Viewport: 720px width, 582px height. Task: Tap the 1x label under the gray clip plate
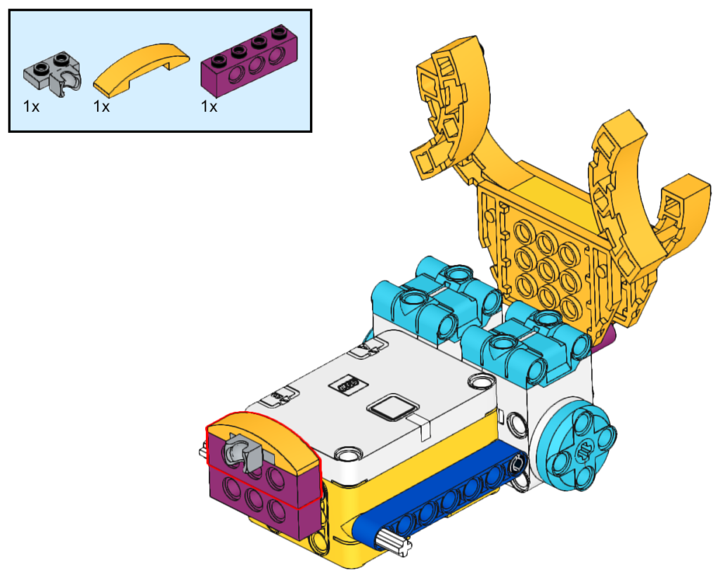point(31,107)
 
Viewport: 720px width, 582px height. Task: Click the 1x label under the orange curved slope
point(101,107)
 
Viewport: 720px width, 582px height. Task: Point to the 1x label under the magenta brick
point(209,107)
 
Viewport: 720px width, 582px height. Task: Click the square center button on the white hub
point(393,407)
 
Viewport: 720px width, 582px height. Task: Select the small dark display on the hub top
point(348,384)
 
